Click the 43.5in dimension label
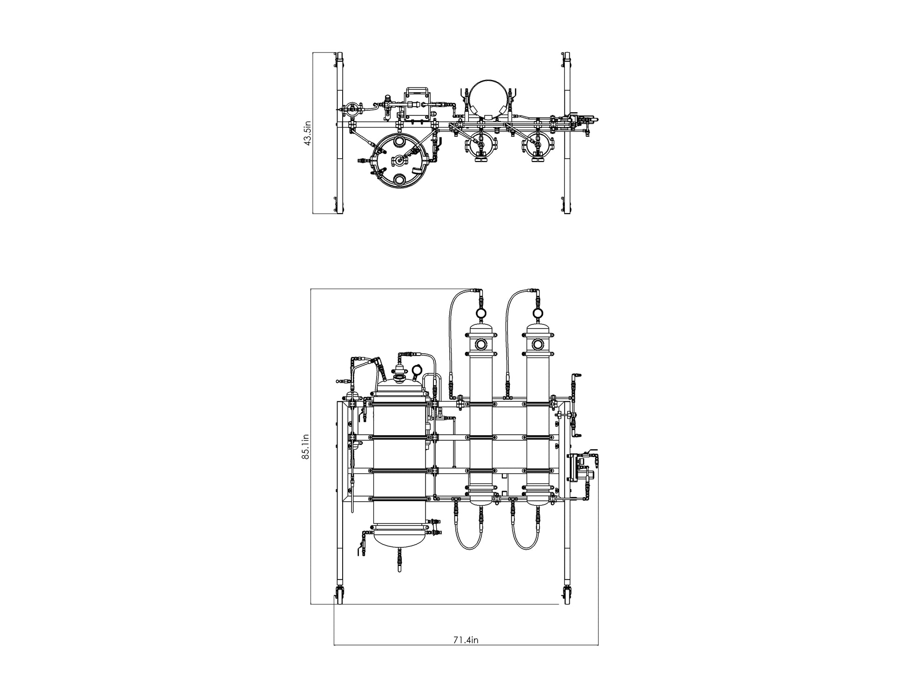(307, 133)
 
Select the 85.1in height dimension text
(305, 447)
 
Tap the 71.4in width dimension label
(466, 639)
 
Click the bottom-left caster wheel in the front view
(338, 596)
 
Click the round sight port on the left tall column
(481, 344)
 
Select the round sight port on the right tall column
(538, 344)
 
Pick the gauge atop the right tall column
(538, 312)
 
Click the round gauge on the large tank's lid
(417, 370)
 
